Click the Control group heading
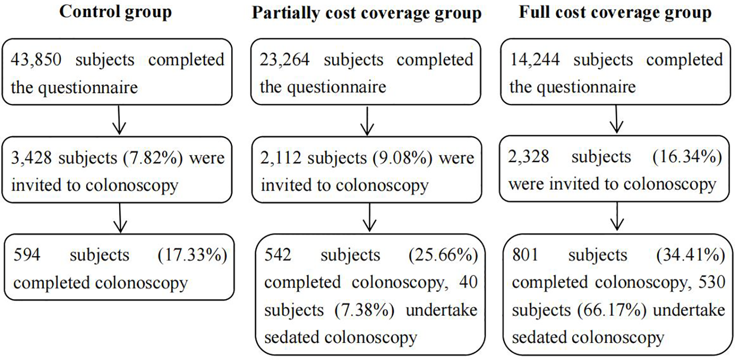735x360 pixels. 116,12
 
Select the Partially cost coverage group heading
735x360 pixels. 367,13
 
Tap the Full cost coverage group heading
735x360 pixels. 615,12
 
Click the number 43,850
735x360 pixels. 36,60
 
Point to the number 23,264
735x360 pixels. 284,60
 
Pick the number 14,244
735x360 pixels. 535,60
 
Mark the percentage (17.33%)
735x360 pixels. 192,255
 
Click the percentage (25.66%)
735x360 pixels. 443,255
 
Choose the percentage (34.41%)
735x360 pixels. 691,255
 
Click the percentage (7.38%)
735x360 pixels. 364,310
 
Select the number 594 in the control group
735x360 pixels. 27,255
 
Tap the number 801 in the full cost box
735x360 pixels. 525,255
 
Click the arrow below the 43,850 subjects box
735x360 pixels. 119,120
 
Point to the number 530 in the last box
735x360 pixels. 712,283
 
